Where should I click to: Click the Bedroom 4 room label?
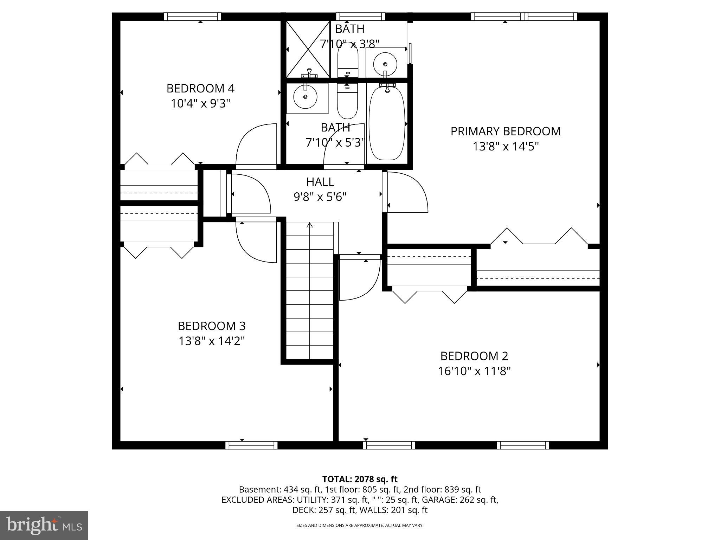click(200, 88)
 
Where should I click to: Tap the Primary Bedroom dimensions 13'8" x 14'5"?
click(505, 146)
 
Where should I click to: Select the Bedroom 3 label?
click(211, 326)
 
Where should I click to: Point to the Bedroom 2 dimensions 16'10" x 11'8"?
click(474, 371)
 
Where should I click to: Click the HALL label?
click(320, 182)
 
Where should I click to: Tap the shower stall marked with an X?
click(308, 49)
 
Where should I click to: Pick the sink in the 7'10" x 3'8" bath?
click(385, 64)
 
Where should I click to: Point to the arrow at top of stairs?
click(310, 225)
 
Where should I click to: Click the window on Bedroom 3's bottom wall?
click(251, 445)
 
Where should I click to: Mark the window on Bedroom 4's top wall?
click(192, 17)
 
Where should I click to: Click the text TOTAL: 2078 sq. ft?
click(360, 479)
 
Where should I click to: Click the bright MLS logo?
click(44, 525)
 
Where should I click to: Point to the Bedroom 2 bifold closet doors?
click(430, 295)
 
